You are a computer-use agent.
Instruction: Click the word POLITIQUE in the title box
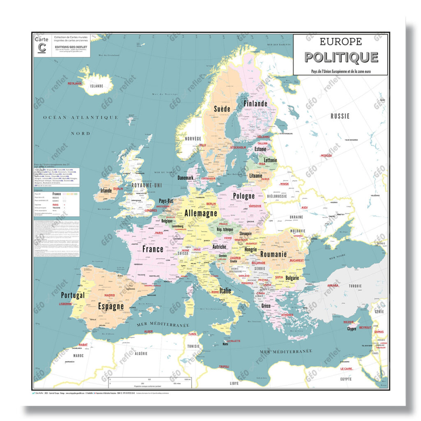coord(341,57)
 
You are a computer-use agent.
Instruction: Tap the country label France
coord(153,249)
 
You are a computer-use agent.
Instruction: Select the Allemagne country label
coord(201,213)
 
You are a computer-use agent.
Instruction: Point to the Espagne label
coord(111,306)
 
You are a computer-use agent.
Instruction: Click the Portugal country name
coord(73,295)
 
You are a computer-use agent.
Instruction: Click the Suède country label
coord(222,109)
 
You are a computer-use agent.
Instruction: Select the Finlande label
coord(255,104)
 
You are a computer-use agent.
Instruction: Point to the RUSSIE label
coord(340,116)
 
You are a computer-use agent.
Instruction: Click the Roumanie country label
coord(273,254)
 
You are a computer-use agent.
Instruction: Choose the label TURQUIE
coord(355,286)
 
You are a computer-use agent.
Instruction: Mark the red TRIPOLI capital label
coord(224,366)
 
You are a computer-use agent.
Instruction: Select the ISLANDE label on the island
coord(97,86)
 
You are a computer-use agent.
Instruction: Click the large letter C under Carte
coord(42,48)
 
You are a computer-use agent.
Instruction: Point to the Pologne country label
coord(244,196)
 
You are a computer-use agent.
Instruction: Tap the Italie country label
coord(225,291)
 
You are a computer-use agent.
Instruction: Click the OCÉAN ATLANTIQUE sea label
coord(81,118)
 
